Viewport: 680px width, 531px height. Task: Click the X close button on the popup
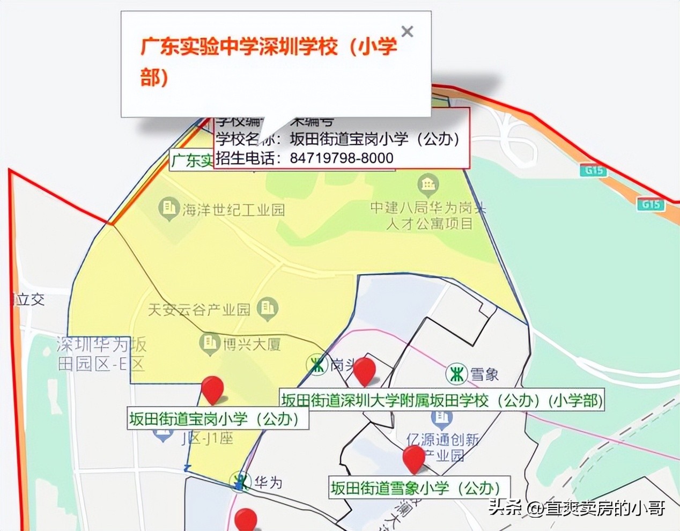point(407,32)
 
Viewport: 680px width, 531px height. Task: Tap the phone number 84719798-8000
point(342,158)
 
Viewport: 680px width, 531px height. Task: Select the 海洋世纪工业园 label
point(233,210)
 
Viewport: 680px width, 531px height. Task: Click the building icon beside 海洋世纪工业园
point(169,208)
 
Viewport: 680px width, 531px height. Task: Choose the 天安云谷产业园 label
point(199,309)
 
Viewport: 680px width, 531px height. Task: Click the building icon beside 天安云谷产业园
point(267,308)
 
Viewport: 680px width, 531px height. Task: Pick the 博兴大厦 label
point(252,344)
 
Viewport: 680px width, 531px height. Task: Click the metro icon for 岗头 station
point(317,365)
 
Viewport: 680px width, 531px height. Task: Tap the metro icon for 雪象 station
point(457,374)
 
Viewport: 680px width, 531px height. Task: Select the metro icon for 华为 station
point(241,482)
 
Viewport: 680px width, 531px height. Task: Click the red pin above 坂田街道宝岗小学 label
point(212,388)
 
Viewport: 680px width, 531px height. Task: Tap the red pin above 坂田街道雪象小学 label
point(413,459)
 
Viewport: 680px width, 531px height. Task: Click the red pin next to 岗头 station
point(365,370)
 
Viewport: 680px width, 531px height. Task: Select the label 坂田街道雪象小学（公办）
point(416,488)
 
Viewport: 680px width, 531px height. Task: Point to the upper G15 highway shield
point(594,171)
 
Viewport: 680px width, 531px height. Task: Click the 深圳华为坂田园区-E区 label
point(101,354)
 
